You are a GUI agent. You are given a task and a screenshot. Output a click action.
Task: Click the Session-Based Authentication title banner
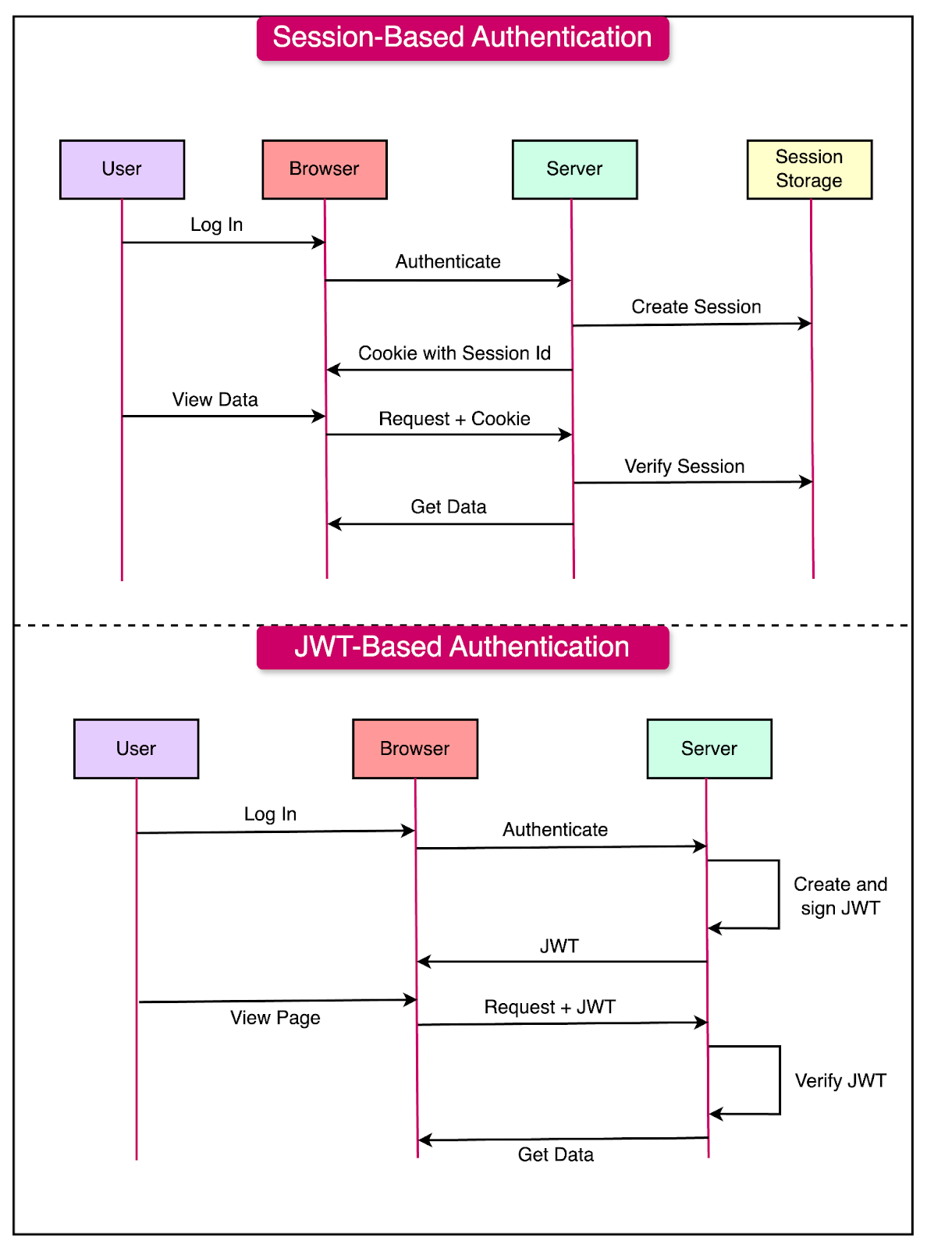[x=463, y=38]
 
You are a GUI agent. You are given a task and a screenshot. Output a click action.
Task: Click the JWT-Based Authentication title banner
[x=463, y=647]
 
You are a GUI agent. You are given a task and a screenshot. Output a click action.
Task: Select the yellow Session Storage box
[x=809, y=169]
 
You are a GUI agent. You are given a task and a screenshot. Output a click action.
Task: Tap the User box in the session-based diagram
[x=123, y=169]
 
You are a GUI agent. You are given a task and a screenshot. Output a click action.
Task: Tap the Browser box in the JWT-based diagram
[x=415, y=749]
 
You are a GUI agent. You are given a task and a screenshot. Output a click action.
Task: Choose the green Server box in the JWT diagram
[x=709, y=749]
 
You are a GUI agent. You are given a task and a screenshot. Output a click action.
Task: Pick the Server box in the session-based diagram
[x=574, y=169]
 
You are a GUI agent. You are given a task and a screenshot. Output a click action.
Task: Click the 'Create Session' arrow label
[x=696, y=307]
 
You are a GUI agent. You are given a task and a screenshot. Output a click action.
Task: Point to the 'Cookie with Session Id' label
[x=454, y=353]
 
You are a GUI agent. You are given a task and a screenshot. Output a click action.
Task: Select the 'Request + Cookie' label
[x=454, y=419]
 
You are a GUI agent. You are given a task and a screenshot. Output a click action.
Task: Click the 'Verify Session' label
[x=684, y=466]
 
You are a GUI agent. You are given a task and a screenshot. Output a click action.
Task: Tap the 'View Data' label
[x=215, y=399]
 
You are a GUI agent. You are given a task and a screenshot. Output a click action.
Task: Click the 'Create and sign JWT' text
[x=840, y=896]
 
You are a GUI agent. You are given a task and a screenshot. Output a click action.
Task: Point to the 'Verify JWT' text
[x=840, y=1080]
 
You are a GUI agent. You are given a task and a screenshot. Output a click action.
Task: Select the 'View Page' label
[x=275, y=1018]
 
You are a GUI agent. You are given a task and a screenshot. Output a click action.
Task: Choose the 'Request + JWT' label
[x=549, y=1007]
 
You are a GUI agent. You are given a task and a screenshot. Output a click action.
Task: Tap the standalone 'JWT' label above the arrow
[x=559, y=946]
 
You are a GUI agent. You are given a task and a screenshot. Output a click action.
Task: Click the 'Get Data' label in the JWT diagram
[x=556, y=1154]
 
